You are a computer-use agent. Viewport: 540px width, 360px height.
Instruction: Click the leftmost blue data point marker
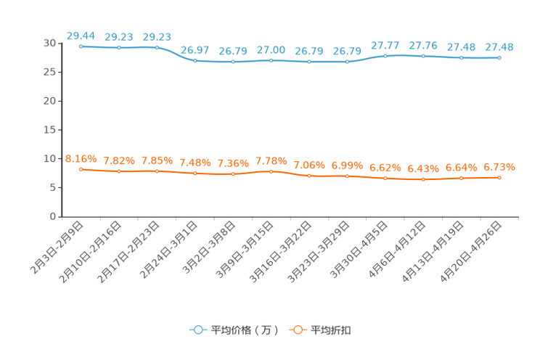[81, 46]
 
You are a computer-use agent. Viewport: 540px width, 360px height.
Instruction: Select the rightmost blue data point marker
[499, 58]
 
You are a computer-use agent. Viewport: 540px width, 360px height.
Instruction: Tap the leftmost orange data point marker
[81, 169]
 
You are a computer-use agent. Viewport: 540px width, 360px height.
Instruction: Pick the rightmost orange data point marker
[499, 177]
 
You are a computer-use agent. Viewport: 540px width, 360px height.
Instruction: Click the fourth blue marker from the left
[195, 61]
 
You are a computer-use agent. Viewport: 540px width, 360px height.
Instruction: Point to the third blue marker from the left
[157, 48]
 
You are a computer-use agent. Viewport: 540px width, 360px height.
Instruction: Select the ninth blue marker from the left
[385, 56]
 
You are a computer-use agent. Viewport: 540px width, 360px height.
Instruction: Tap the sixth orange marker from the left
[271, 171]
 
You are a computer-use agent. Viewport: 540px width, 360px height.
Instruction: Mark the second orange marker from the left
[119, 171]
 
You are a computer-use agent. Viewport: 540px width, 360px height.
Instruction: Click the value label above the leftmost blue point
[81, 35]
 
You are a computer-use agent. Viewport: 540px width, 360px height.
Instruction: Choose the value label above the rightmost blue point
[499, 47]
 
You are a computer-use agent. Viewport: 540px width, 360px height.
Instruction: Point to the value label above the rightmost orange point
[499, 166]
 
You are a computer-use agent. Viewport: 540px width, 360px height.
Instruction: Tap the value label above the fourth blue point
[195, 50]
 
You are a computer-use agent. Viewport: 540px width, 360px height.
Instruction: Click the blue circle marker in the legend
[197, 330]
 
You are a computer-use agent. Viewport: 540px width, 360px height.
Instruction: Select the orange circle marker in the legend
[298, 330]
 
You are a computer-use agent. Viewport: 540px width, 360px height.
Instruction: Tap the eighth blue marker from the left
[348, 62]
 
